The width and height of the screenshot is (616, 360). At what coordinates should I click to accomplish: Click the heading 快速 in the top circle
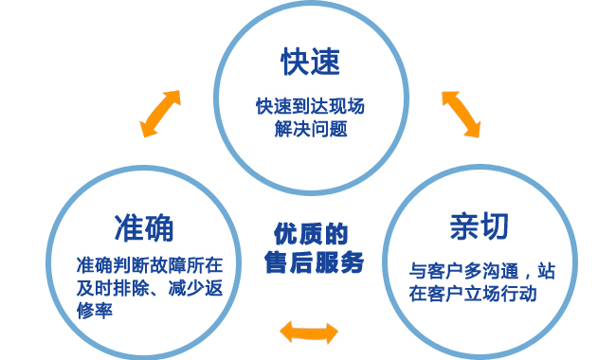[310, 63]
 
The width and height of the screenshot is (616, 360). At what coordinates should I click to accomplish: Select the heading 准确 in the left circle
[143, 227]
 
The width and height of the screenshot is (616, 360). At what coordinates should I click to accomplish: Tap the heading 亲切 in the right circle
[479, 226]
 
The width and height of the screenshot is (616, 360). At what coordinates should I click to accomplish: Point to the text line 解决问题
[310, 128]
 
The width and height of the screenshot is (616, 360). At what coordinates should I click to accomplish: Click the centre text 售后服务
[313, 263]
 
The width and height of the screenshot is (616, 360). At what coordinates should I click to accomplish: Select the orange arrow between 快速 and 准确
[160, 114]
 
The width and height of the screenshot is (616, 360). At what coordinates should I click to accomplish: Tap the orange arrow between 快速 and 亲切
[461, 114]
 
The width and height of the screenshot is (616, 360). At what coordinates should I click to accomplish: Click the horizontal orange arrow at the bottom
[309, 331]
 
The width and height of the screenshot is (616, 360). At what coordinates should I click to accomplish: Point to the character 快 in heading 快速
[295, 63]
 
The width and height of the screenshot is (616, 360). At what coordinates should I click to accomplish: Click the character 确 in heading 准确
[158, 227]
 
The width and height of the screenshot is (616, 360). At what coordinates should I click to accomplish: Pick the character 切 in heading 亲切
[494, 226]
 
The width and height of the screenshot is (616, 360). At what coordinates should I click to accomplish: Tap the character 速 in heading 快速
[325, 63]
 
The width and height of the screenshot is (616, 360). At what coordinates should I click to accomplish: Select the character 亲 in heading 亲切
[463, 226]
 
